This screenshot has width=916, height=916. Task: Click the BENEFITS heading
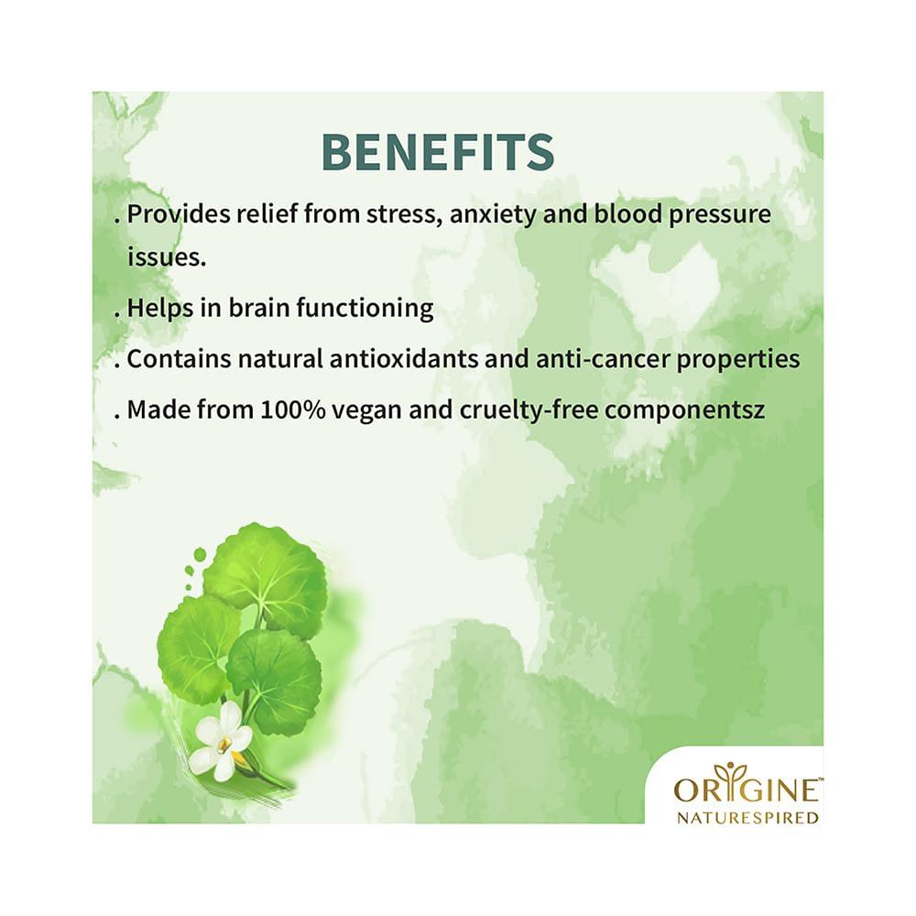click(x=438, y=152)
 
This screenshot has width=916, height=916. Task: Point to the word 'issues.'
click(x=166, y=257)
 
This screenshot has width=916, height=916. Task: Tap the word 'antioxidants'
click(x=410, y=359)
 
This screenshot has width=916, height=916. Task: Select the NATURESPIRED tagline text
click(x=747, y=817)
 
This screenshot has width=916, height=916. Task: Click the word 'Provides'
click(x=176, y=215)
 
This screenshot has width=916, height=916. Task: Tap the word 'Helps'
click(x=157, y=309)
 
